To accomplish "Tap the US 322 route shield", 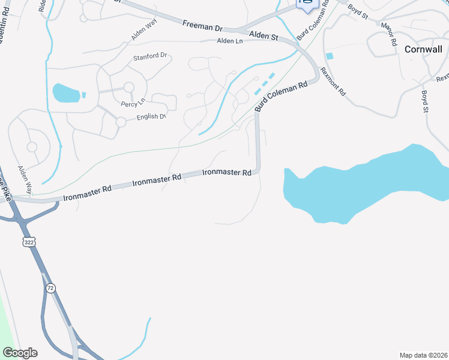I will (29, 241).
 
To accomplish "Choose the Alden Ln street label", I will (230, 41).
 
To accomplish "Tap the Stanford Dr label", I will (151, 56).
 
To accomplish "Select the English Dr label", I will (150, 116).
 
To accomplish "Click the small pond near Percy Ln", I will (65, 92).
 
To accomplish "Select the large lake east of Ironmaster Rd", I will (366, 183).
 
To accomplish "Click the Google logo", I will (20, 353).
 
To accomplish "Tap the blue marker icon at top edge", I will (307, 4).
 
